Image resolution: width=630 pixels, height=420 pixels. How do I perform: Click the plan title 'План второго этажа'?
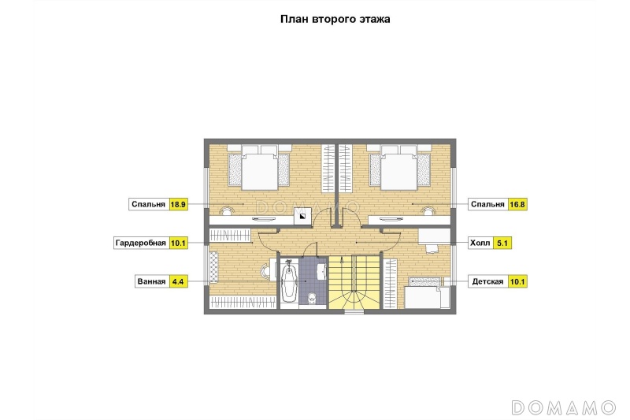335,19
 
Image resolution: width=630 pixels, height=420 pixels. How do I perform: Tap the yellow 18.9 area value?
178,204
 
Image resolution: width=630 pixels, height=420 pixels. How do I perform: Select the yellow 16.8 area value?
517,204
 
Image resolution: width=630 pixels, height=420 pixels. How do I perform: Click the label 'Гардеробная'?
141,243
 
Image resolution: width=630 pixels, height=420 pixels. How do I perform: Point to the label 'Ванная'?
151,281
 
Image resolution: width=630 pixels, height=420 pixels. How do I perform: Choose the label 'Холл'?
480,243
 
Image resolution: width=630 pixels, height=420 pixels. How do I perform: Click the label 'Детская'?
487,281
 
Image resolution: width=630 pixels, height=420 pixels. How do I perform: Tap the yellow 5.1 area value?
502,243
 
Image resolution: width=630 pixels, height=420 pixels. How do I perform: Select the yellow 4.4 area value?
178,281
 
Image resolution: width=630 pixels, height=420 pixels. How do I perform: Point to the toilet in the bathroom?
312,299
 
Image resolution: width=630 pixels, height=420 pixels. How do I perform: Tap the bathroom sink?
322,270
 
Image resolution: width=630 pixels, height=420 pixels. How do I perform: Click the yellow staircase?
354,282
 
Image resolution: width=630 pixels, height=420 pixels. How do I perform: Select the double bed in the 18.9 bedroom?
259,168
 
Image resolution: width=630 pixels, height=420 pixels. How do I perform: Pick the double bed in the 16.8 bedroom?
400,168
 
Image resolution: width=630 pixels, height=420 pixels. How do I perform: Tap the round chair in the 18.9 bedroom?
228,210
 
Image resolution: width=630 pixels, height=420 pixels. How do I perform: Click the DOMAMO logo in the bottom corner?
563,407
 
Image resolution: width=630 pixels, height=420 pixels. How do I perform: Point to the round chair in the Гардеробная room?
265,270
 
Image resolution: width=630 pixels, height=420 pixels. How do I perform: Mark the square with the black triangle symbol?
302,217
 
